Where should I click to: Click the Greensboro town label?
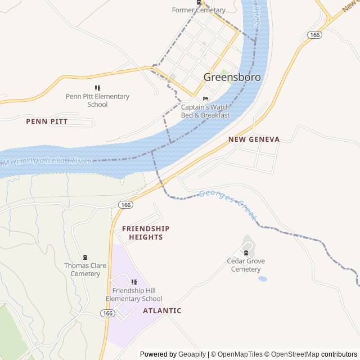(x=232, y=78)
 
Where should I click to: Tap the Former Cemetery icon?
(x=199, y=3)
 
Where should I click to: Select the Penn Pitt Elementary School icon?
(x=97, y=88)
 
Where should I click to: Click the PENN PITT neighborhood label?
(x=47, y=121)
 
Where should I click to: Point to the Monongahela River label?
(x=48, y=162)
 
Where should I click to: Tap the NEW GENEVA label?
(x=254, y=139)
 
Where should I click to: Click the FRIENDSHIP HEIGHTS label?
(x=146, y=233)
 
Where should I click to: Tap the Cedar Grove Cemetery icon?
(x=246, y=253)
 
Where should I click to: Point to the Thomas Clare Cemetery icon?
(x=85, y=258)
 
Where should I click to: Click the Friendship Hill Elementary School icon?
(x=134, y=282)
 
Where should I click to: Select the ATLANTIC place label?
(x=162, y=310)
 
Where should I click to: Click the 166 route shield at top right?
(x=314, y=35)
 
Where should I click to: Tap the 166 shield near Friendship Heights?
(x=126, y=205)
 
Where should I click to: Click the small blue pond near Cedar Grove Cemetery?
(x=262, y=278)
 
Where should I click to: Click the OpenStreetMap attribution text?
(x=292, y=354)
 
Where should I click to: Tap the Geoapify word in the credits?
(x=192, y=354)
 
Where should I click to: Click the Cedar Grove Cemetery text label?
(x=246, y=265)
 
